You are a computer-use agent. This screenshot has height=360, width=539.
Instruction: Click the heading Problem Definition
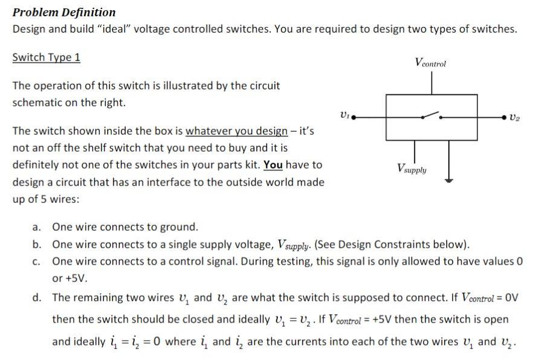[x=64, y=12]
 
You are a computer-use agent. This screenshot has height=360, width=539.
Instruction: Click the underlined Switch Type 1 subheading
[x=46, y=57]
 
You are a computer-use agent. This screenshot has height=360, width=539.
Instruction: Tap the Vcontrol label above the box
[x=431, y=62]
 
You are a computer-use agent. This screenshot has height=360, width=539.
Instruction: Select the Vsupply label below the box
[x=412, y=169]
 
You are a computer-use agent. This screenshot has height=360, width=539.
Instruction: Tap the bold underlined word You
[x=273, y=164]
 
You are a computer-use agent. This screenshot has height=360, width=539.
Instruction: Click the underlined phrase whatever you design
[x=236, y=131]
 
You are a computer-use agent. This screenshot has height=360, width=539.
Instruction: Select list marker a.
[x=37, y=227]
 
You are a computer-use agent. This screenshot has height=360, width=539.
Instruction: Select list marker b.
[x=37, y=245]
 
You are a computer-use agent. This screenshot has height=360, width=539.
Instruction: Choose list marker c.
[x=37, y=262]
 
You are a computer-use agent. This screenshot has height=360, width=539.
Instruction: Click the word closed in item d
[x=198, y=319]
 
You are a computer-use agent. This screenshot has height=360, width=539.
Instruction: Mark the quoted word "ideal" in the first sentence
[x=143, y=29]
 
